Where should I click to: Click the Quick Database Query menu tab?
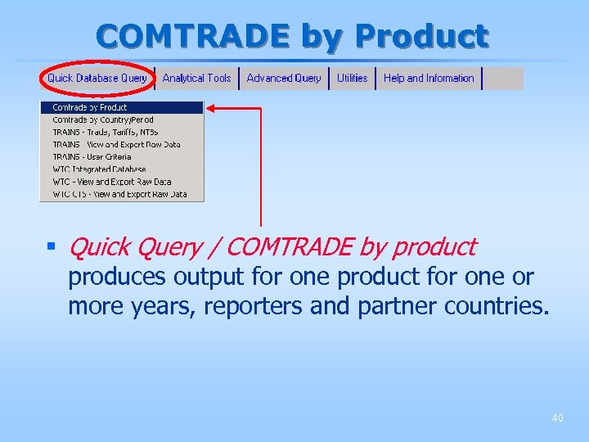tap(97, 79)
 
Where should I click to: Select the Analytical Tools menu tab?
tap(196, 79)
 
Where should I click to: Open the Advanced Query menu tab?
tap(284, 79)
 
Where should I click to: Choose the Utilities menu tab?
tap(353, 79)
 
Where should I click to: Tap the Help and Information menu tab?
tap(429, 79)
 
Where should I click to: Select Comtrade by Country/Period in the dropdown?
tap(103, 120)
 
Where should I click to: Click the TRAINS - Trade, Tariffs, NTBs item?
tap(106, 132)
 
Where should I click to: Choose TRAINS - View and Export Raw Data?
tap(116, 144)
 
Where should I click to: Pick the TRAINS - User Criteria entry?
tap(92, 156)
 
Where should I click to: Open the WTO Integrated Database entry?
tap(99, 169)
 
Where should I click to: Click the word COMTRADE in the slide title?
tap(193, 36)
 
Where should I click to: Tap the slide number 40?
tap(557, 418)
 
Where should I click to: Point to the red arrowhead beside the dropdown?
tap(210, 107)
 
